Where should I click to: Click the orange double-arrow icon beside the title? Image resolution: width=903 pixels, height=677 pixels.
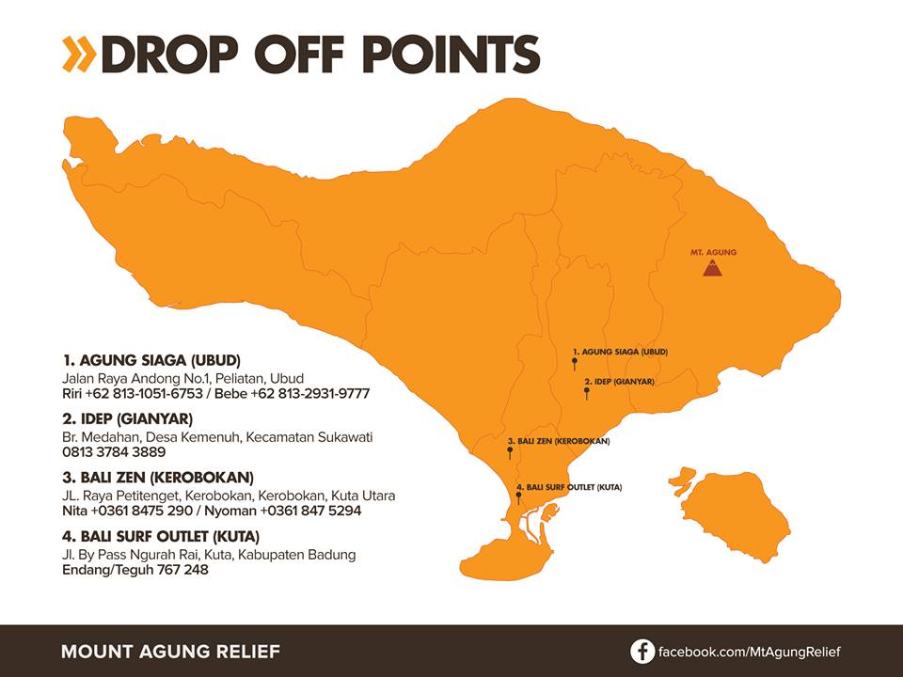coord(78,55)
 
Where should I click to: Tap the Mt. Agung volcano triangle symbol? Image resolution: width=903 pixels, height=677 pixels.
coord(713,269)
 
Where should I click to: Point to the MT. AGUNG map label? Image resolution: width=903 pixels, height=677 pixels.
coord(713,252)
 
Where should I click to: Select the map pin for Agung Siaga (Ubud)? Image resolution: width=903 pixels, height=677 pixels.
coord(574,362)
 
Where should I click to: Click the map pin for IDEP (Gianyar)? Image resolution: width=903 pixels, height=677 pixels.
coord(587,392)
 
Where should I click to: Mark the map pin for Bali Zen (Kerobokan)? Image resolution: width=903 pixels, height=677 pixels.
coord(510,452)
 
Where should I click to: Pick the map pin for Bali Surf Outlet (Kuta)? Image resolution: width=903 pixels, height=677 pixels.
coord(518,496)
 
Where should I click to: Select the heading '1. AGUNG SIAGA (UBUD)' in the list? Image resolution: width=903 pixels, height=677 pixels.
coord(151,360)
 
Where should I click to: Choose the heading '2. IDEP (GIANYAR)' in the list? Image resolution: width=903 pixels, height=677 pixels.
coord(128,418)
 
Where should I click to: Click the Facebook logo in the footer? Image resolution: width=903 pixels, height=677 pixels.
coord(642,652)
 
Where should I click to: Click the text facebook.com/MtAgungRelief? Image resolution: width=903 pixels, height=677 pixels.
coord(749,652)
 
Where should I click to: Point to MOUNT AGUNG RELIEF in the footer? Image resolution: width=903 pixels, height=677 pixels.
coord(170,652)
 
